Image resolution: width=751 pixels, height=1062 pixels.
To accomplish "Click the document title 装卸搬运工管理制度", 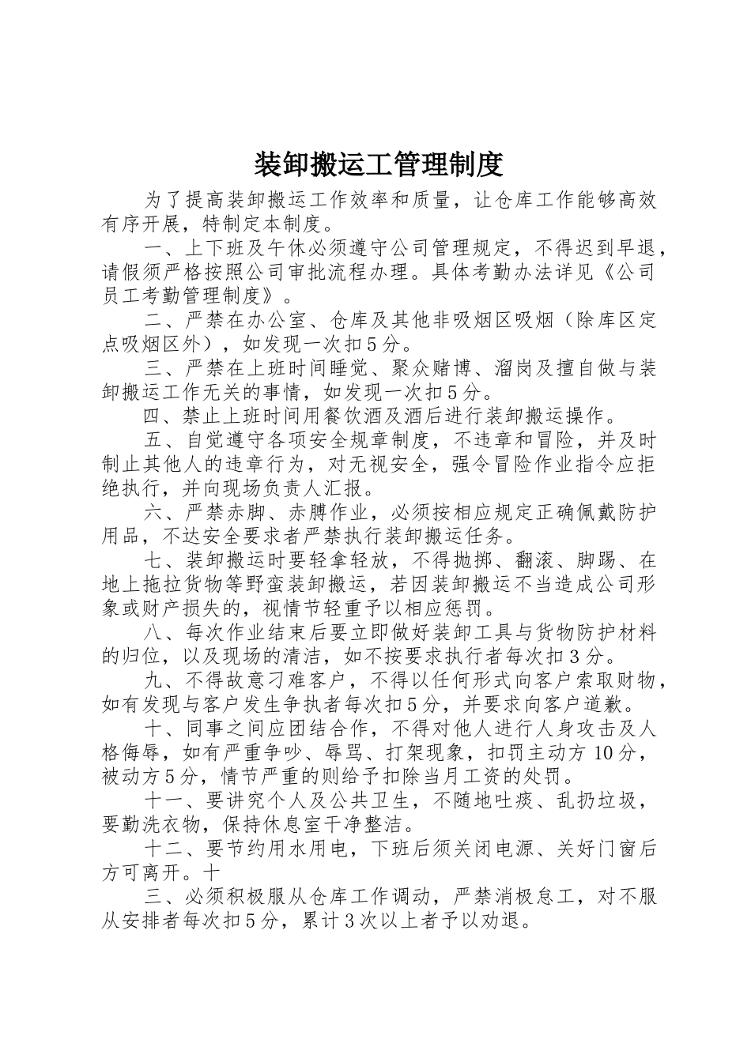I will point(379,164).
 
